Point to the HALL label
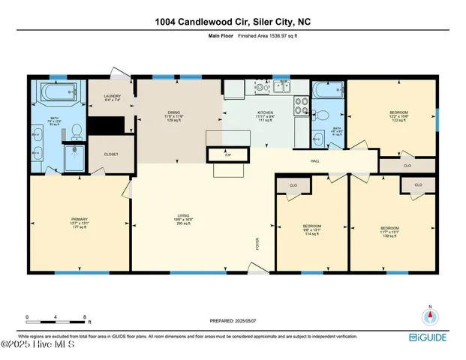(x=317, y=160)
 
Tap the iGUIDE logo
(x=431, y=338)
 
